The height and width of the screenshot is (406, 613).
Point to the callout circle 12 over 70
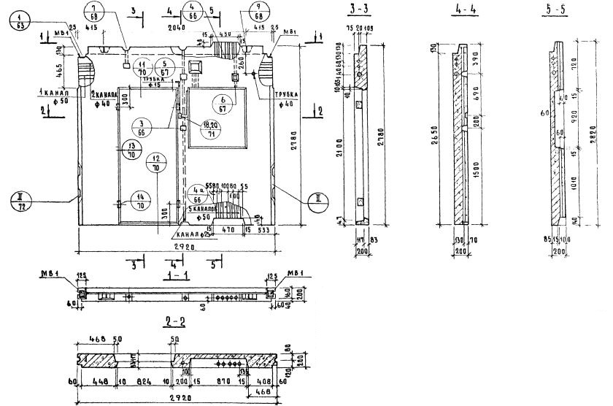155,163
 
